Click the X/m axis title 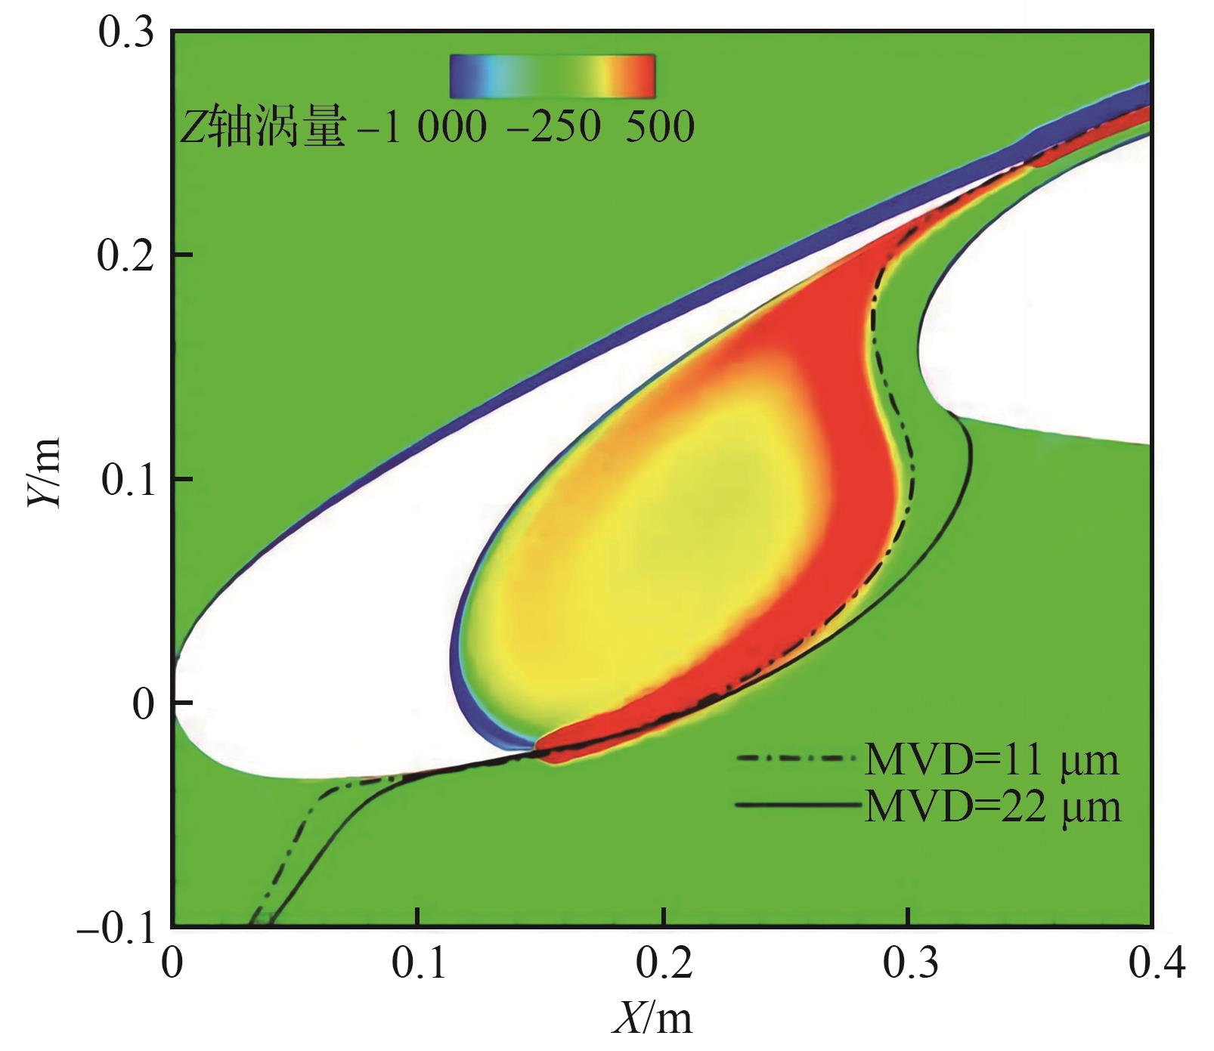coord(652,1019)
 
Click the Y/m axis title coord(43,478)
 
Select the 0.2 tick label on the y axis coord(126,255)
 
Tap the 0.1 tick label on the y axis coord(126,479)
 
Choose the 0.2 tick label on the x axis coord(662,964)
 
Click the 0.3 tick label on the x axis coord(907,964)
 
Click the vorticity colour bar coord(552,76)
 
